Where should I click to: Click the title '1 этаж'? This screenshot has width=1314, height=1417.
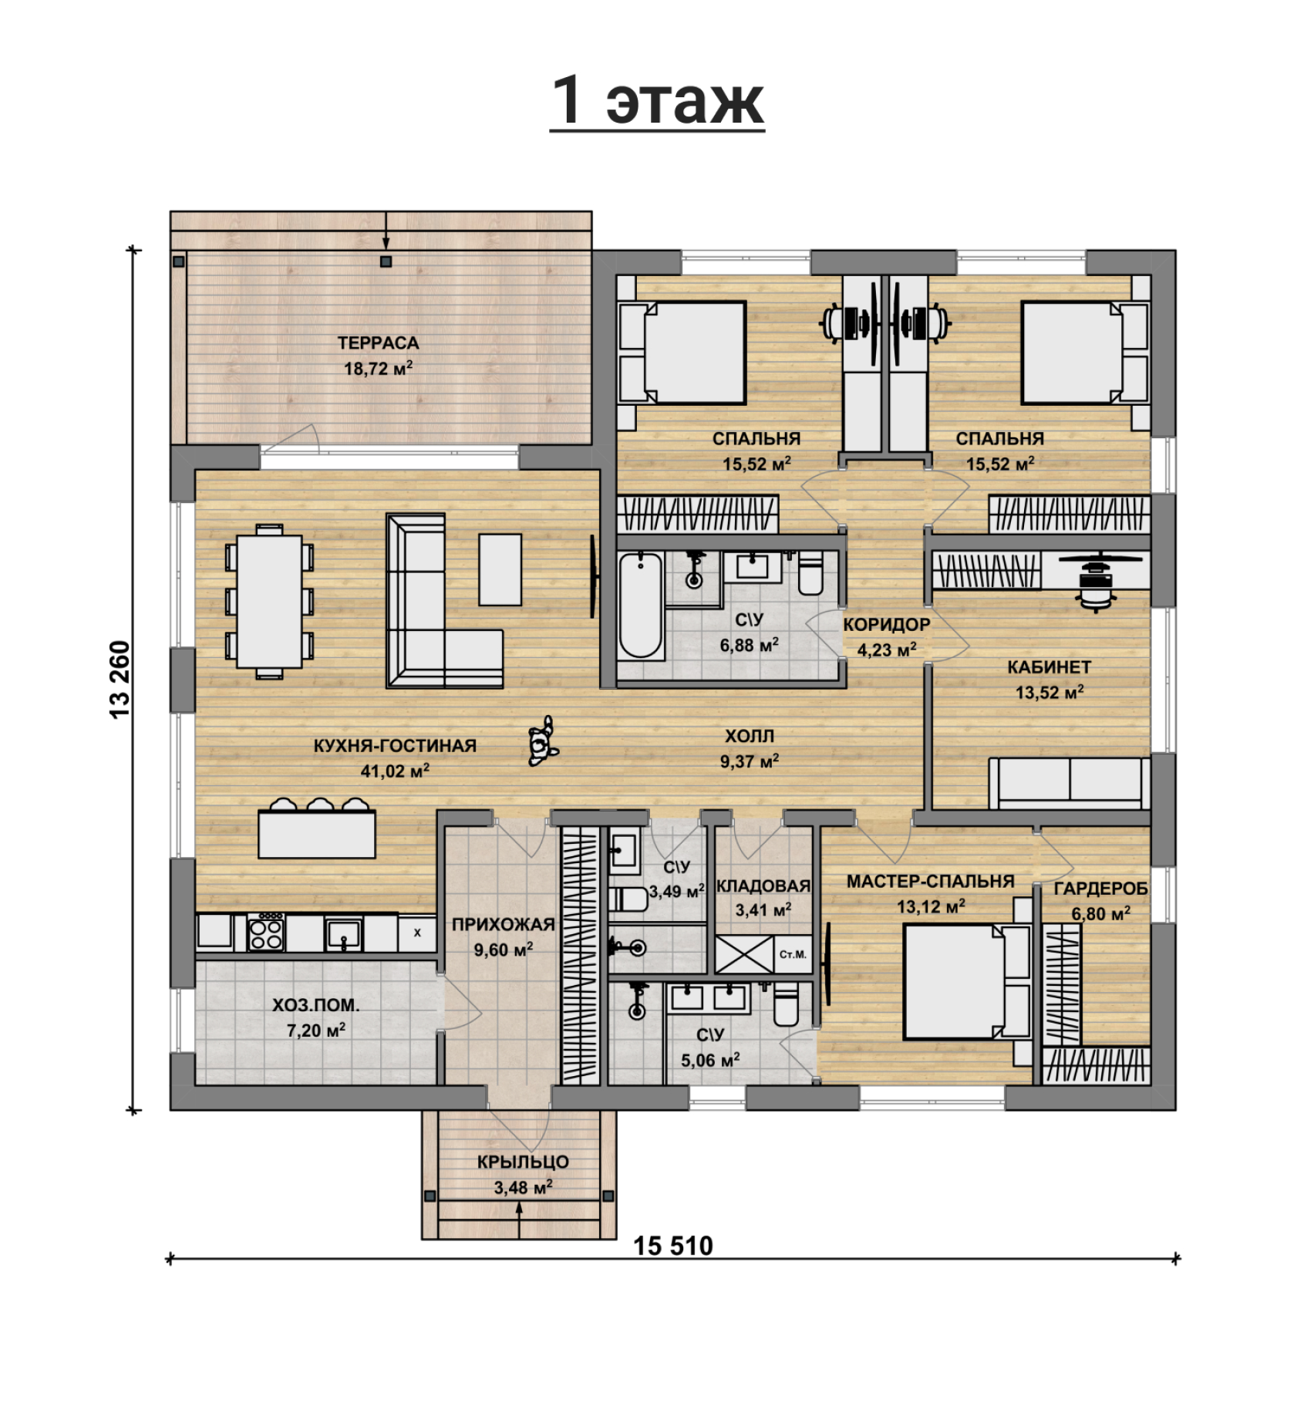coord(657,101)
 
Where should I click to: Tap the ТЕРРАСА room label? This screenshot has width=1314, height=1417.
coord(378,343)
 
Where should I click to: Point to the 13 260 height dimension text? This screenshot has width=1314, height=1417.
coord(121,680)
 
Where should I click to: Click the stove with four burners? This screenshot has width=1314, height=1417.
coord(266,932)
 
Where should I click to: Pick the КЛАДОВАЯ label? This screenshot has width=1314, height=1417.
coord(763,886)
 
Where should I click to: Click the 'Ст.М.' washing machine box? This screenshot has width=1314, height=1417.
coord(793,954)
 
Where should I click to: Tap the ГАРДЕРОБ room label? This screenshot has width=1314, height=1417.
coord(1100,889)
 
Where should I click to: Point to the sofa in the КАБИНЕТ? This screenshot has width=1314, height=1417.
coord(1070,783)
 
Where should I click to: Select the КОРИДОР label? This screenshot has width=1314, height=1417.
coord(887,625)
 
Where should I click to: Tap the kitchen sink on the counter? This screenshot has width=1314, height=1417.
coord(343,933)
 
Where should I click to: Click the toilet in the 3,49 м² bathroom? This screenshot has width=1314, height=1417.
coord(628,899)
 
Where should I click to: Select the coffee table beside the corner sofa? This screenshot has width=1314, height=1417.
coord(500,570)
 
